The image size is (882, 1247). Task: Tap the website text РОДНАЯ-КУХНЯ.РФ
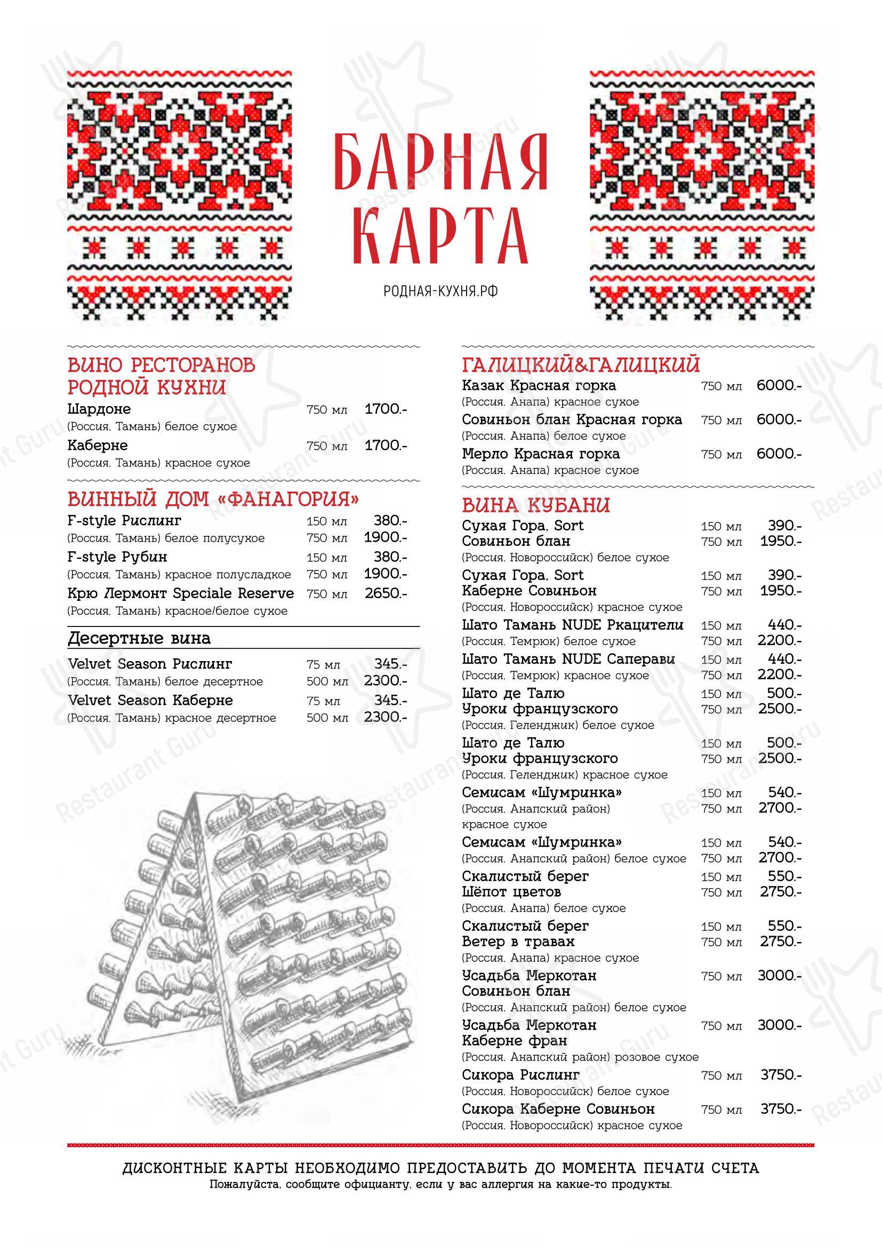pyautogui.click(x=440, y=292)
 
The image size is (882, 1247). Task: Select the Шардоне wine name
pyautogui.click(x=99, y=408)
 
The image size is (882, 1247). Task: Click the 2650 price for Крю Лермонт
pyautogui.click(x=386, y=593)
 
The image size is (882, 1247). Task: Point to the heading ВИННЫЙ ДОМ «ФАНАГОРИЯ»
pyautogui.click(x=213, y=498)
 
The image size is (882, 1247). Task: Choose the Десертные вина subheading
pyautogui.click(x=139, y=638)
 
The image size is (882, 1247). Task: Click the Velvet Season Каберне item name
pyautogui.click(x=150, y=701)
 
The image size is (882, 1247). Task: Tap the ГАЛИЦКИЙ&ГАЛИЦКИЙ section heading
pyautogui.click(x=581, y=365)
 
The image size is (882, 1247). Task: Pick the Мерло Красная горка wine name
pyautogui.click(x=541, y=454)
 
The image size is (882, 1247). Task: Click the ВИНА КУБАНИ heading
pyautogui.click(x=536, y=505)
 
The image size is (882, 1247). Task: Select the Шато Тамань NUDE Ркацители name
pyautogui.click(x=572, y=625)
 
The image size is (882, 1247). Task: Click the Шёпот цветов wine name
pyautogui.click(x=511, y=892)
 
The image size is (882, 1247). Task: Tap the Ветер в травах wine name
pyautogui.click(x=518, y=941)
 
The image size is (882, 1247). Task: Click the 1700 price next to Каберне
pyautogui.click(x=386, y=445)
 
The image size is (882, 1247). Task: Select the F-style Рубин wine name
pyautogui.click(x=118, y=557)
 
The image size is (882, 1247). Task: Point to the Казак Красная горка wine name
pyautogui.click(x=539, y=385)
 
